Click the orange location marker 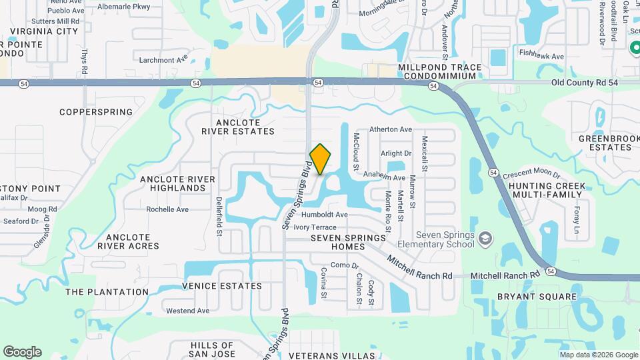[321, 159]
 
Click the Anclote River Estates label [238, 127]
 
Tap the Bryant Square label [537, 297]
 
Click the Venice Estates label [221, 286]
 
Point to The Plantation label [107, 292]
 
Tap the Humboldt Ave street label [325, 215]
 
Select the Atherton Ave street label [391, 129]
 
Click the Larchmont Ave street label [164, 59]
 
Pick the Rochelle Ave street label [167, 209]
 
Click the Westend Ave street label [183, 311]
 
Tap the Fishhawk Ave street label [541, 57]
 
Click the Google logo [22, 352]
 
